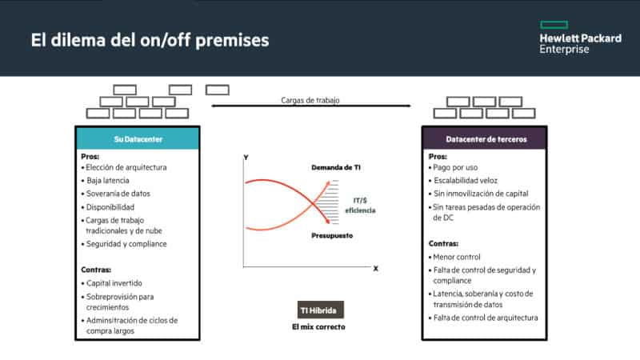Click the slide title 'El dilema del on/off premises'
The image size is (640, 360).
(x=150, y=41)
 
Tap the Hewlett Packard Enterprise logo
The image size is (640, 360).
(x=581, y=38)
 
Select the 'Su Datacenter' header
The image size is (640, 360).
(x=138, y=139)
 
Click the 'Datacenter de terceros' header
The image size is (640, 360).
(x=485, y=139)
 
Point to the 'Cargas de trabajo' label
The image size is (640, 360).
(x=310, y=100)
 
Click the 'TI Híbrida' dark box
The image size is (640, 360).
(x=321, y=310)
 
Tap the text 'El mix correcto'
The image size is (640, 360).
(x=318, y=327)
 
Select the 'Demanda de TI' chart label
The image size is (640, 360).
(x=336, y=167)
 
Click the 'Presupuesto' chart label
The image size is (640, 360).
(x=332, y=235)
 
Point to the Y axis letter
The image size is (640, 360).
(x=246, y=158)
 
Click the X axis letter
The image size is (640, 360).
(x=375, y=269)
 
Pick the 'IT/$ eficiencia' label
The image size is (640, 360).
(x=361, y=206)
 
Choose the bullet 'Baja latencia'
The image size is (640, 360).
(x=106, y=181)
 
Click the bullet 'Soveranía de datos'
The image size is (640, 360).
(x=116, y=194)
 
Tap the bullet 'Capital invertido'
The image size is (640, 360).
(x=112, y=283)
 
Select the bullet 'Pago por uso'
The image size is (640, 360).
(x=453, y=167)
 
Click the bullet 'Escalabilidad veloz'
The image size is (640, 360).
(x=463, y=181)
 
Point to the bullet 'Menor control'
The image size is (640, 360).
(x=454, y=257)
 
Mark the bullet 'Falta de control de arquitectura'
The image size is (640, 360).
(x=483, y=318)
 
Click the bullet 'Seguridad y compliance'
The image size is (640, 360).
(x=124, y=244)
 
